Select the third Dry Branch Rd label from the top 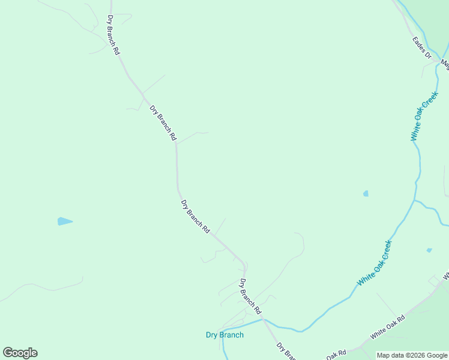click(x=195, y=217)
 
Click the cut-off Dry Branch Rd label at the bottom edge click(x=286, y=351)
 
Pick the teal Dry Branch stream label click(x=224, y=335)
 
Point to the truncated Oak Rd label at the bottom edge click(x=336, y=354)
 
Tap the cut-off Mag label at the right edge click(x=445, y=62)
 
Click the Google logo click(x=20, y=353)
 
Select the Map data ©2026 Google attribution click(x=412, y=355)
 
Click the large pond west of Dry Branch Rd click(x=64, y=221)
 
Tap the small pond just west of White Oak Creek click(x=366, y=193)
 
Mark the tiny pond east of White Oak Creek click(x=429, y=250)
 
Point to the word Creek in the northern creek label click(x=432, y=101)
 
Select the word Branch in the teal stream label click(x=232, y=335)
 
